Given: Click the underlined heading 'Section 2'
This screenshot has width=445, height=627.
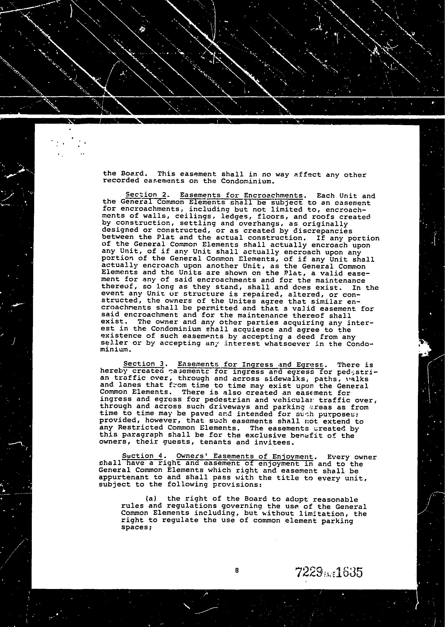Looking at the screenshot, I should click(145, 195).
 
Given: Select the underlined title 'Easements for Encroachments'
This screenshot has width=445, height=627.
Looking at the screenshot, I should click(241, 195).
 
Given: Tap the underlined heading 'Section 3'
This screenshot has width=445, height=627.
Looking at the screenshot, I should click(143, 364).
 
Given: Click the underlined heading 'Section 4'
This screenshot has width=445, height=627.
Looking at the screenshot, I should click(142, 456).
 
